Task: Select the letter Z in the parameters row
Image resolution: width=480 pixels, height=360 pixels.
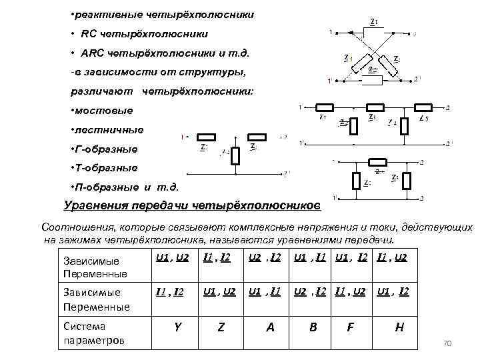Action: pos(221,327)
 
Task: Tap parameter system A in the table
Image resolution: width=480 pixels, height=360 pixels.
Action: pos(270,327)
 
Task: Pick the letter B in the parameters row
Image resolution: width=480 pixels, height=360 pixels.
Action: pos(313,327)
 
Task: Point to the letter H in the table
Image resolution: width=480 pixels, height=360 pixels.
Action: pos(399,327)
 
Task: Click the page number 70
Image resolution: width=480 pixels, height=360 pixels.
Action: pos(447,343)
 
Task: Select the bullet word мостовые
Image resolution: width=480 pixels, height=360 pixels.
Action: pos(103,109)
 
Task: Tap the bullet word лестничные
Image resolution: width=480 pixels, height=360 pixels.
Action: pos(108,129)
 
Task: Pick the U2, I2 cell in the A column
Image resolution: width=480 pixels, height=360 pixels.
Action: pos(264,257)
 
